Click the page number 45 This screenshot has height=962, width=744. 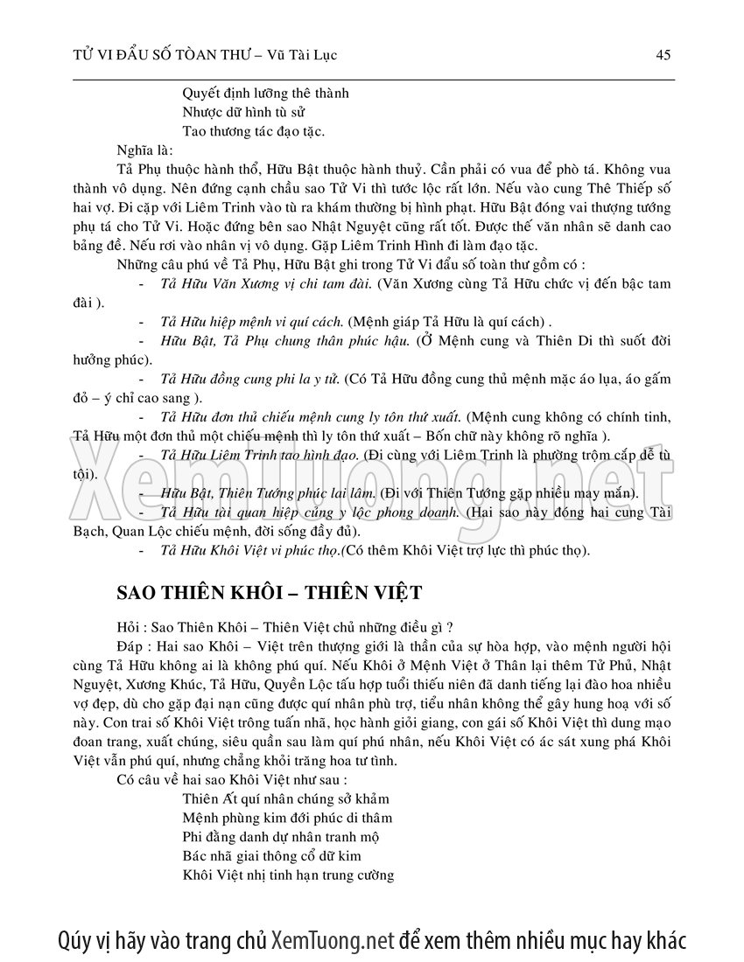[x=663, y=55]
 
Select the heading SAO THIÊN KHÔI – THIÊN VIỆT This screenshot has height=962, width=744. [x=270, y=593]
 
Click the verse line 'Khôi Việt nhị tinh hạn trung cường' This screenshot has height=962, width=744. [x=288, y=875]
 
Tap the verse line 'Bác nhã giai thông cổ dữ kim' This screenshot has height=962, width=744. [x=271, y=855]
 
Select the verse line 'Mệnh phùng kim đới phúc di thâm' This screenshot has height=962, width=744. [x=287, y=818]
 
